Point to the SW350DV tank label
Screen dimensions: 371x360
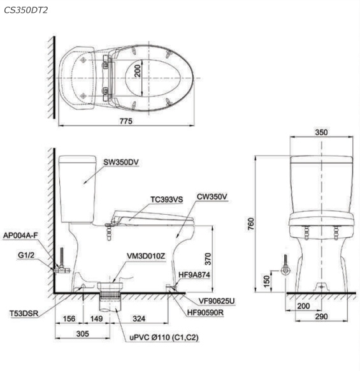(x=121, y=162)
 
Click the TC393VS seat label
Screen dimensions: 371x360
(x=166, y=200)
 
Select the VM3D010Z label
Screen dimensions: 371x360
(x=146, y=256)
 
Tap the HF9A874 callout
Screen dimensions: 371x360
(x=194, y=275)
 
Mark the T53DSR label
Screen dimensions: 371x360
(x=23, y=313)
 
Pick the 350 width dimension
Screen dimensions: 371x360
(x=322, y=133)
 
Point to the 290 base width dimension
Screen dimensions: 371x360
(x=322, y=317)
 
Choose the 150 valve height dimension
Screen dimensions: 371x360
(x=268, y=278)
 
